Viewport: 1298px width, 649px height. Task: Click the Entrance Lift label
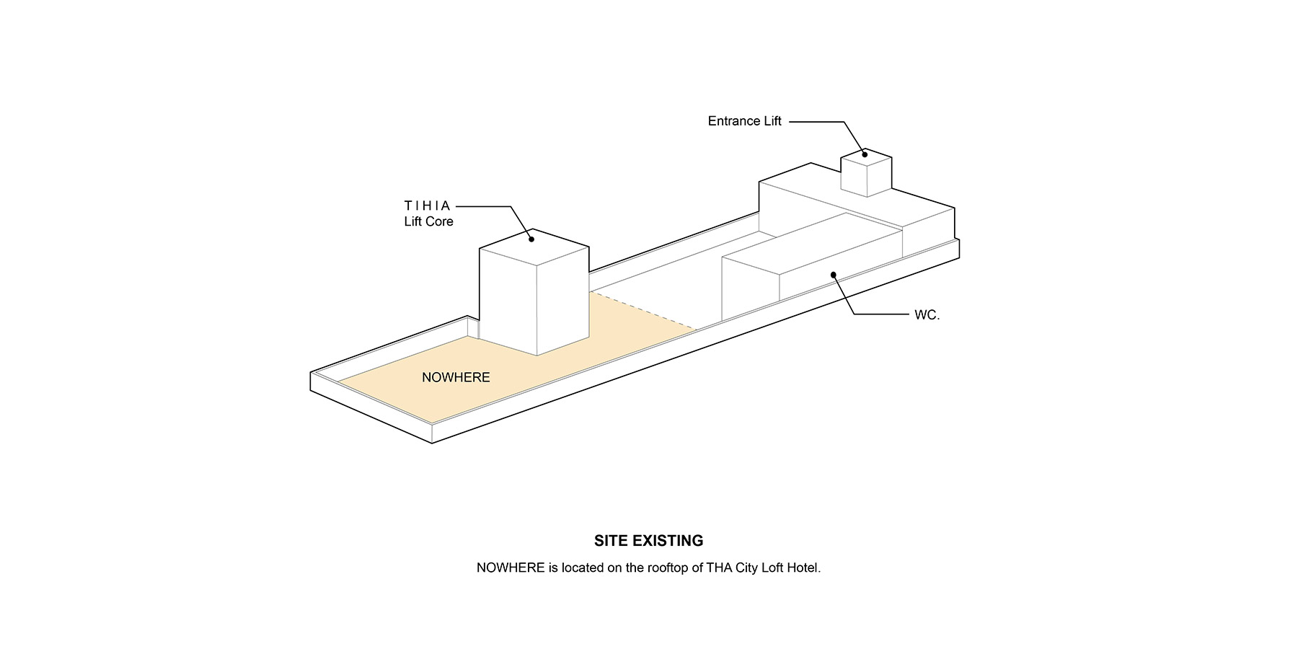coord(744,121)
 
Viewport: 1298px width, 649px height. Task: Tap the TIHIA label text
coord(427,206)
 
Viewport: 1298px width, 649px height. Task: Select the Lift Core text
coord(428,221)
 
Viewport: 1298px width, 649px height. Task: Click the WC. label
coord(927,315)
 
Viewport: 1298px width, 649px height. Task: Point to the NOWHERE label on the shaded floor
coord(456,377)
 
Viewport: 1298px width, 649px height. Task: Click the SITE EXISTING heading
coord(648,541)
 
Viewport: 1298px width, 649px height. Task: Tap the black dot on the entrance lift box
coord(865,154)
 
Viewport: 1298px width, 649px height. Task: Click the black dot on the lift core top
coord(531,239)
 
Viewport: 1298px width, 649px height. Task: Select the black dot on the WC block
coord(833,274)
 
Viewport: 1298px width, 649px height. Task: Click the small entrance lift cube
coord(866,172)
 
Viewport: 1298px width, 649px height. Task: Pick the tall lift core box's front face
coord(508,302)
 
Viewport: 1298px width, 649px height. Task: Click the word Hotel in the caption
coord(803,568)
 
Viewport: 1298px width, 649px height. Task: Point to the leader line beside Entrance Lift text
coord(817,122)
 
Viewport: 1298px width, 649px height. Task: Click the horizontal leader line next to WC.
coord(882,314)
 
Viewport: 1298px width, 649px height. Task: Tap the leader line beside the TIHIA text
coord(484,207)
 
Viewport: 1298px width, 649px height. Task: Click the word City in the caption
coord(746,568)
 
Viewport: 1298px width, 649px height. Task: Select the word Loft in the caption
coord(772,568)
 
